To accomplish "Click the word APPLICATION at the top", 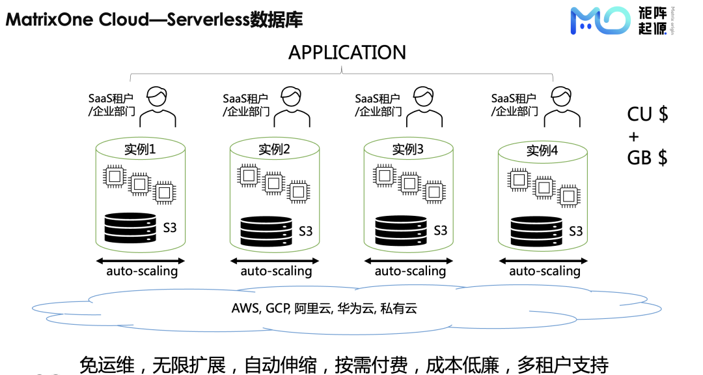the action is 347,53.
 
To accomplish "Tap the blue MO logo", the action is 600,21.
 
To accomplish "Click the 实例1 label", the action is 140,149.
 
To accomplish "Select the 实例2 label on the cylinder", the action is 274,149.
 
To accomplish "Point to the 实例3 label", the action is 407,149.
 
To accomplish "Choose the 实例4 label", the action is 542,151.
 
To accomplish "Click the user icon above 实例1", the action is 158,107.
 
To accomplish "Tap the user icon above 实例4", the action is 562,107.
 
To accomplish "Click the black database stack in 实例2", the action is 266,232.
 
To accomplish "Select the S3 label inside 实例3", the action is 440,230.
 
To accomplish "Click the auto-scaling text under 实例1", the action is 142,271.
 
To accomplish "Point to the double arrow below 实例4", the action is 544,261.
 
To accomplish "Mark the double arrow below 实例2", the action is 275,261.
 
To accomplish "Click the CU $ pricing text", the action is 648,115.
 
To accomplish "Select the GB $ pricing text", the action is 647,158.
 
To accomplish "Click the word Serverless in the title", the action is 208,20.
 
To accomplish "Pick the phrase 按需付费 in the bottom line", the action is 371,365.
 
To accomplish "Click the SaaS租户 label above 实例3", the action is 377,98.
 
